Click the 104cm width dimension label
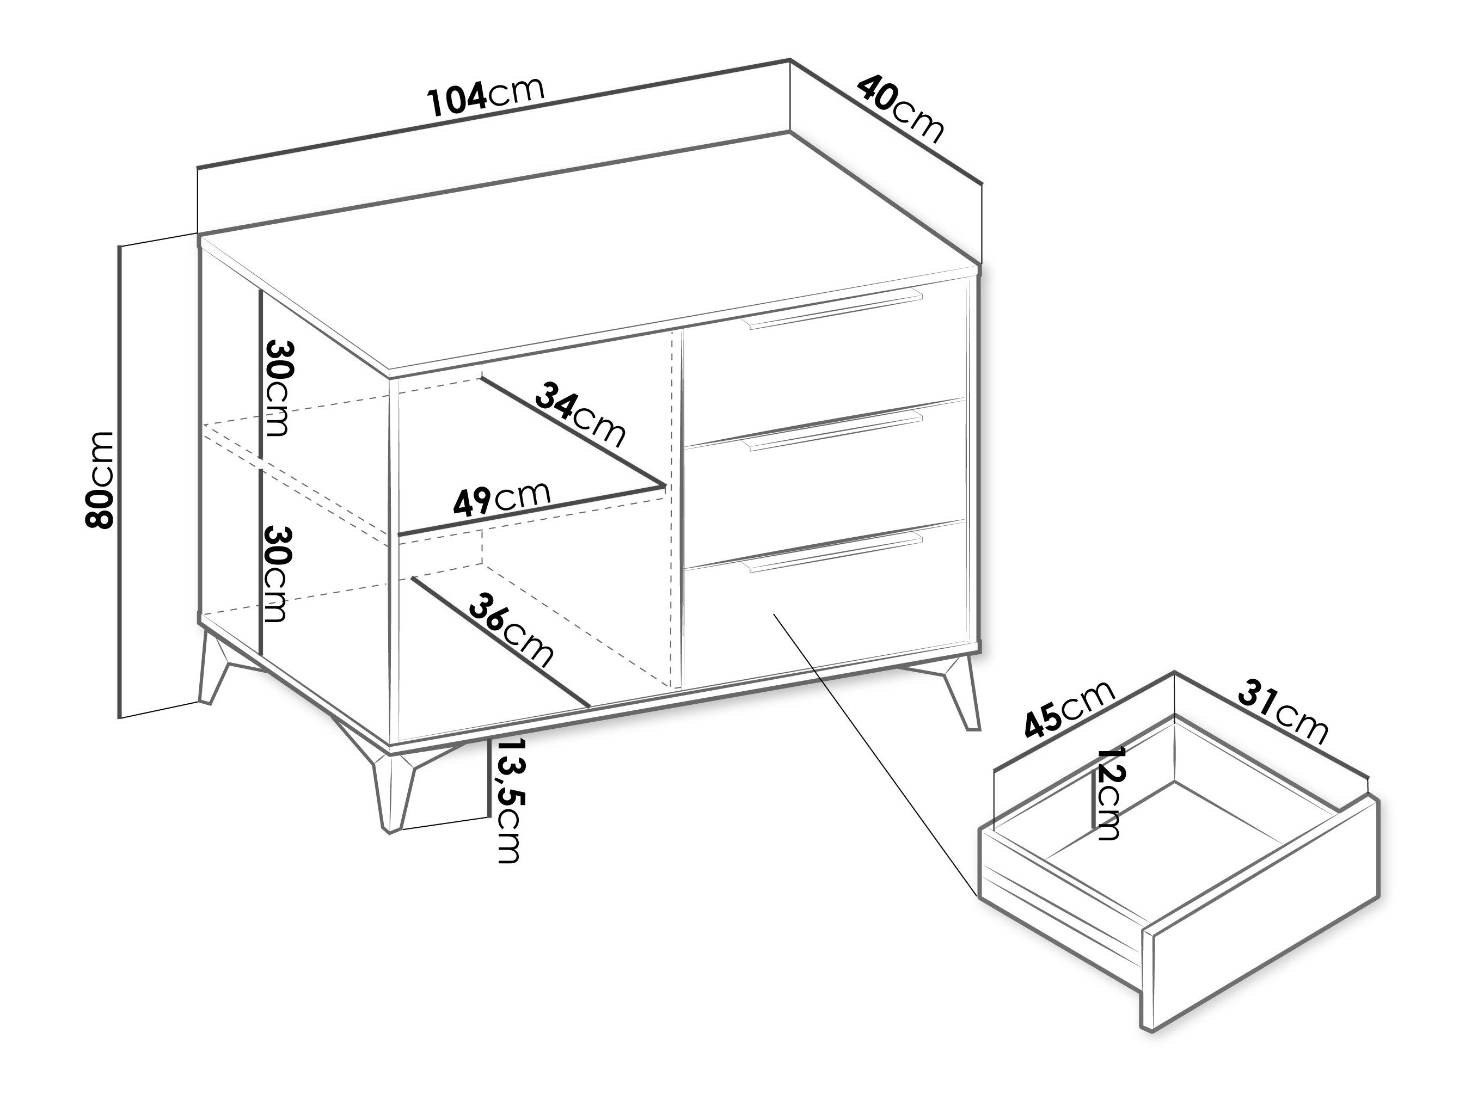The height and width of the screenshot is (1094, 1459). [x=486, y=97]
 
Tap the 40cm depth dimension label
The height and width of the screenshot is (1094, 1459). [x=901, y=109]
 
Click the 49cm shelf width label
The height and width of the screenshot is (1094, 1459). [x=501, y=499]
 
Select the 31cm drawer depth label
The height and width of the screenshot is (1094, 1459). [x=1283, y=713]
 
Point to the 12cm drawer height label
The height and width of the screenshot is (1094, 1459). [x=1107, y=794]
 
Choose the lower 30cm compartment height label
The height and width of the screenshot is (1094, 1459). [x=277, y=573]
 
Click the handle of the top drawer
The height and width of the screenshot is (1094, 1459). [x=833, y=308]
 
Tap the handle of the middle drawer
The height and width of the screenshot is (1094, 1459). [x=833, y=431]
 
